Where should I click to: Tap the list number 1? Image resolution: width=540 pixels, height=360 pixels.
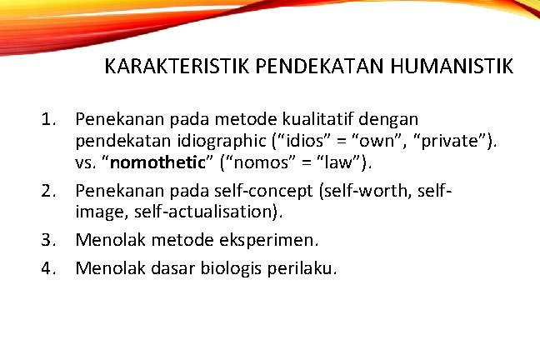(x=50, y=121)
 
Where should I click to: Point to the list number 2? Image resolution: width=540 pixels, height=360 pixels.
(x=50, y=191)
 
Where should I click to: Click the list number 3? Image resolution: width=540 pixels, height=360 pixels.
(x=50, y=240)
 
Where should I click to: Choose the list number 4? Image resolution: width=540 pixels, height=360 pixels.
(x=50, y=267)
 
